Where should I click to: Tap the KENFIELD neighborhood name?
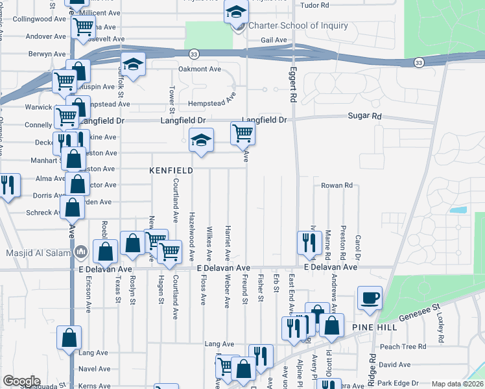tap(171, 171)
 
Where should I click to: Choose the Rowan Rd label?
tap(337, 185)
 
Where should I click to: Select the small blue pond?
tap(458, 210)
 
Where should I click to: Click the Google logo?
tap(21, 381)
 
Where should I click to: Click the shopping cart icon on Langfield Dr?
tap(242, 134)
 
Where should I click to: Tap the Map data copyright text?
tap(457, 384)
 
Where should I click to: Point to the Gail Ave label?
tap(273, 40)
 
